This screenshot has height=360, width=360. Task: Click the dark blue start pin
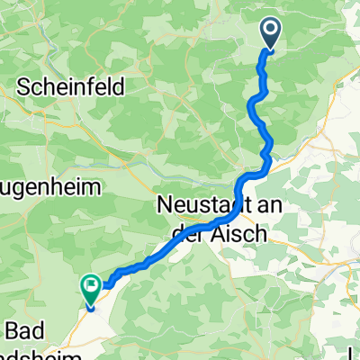click(271, 35)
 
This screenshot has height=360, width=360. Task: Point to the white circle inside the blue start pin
click(271, 32)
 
